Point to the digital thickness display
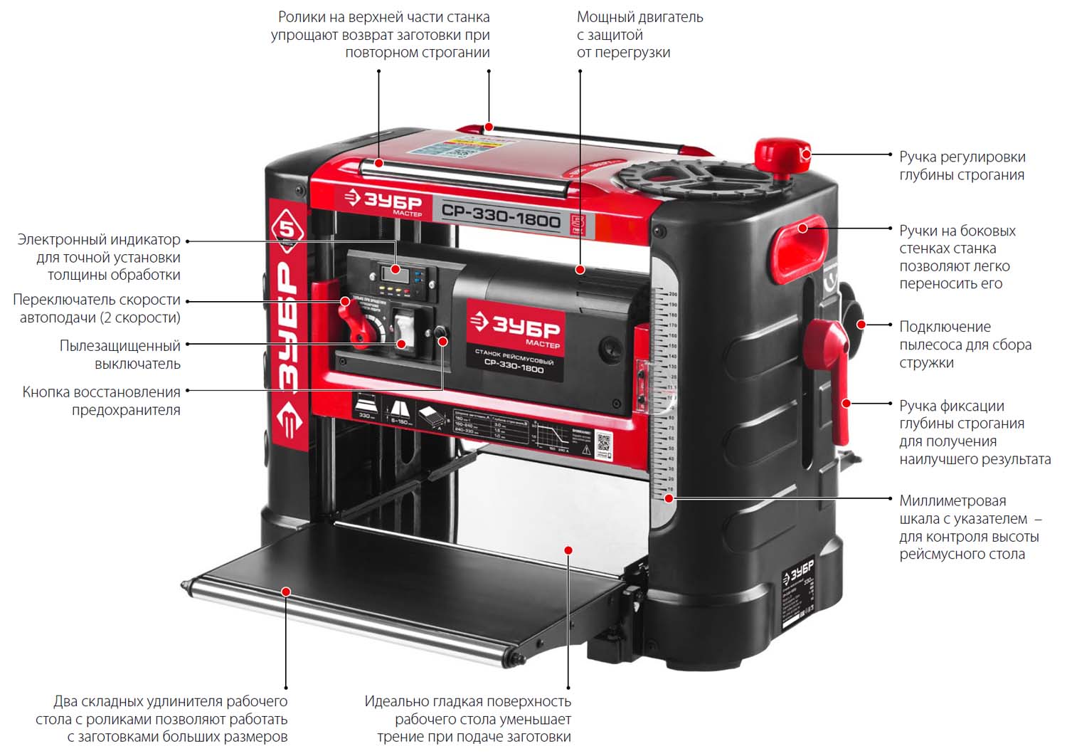(391, 271)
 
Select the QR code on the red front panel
(603, 443)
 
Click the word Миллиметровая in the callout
(952, 501)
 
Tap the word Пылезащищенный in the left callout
(120, 346)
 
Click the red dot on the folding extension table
(286, 592)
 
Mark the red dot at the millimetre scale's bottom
(669, 498)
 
